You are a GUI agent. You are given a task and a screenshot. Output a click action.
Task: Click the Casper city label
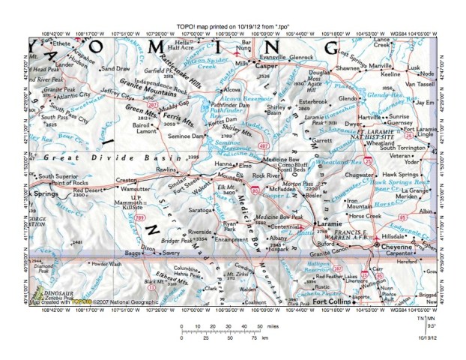click(267, 67)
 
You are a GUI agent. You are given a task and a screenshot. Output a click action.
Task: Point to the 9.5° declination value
click(431, 326)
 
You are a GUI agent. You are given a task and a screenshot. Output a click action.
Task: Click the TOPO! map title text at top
click(232, 25)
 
